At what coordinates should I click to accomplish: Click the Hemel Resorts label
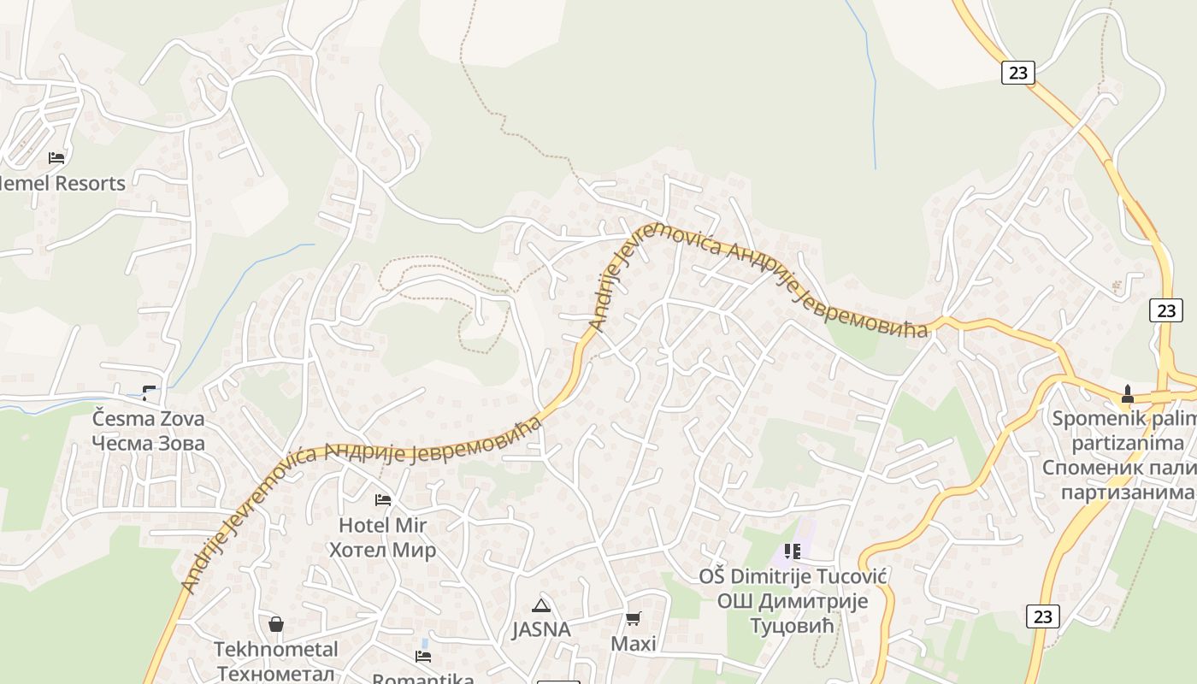62,183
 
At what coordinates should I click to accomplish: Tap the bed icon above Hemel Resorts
56,158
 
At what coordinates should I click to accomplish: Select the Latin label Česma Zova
149,419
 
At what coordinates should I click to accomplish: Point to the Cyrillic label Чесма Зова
149,443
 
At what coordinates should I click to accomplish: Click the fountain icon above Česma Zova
150,393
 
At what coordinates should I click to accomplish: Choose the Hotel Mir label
382,525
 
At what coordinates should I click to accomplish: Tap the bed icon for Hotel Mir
383,499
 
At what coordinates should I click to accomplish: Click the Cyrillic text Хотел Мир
382,550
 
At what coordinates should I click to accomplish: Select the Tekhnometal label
275,650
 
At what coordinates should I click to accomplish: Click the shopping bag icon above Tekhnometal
275,624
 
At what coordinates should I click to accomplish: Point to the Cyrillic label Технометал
275,673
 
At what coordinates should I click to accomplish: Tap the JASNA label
540,630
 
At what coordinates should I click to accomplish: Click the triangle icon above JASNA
540,606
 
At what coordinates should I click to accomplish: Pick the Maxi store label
634,644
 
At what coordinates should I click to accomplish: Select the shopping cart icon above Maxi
634,618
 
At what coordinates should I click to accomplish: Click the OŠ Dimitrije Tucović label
793,576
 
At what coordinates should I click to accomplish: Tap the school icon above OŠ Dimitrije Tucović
792,551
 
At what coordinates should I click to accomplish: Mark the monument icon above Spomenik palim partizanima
1127,394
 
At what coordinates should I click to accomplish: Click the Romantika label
423,679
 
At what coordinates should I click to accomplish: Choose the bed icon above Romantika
423,657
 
